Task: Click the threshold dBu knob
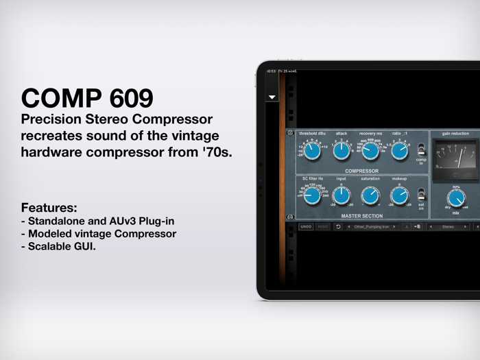tap(311, 151)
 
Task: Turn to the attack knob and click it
tap(341, 151)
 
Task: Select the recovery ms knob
tap(371, 151)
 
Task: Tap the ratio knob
tap(400, 151)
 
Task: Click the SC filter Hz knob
tap(311, 196)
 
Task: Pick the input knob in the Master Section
tap(341, 196)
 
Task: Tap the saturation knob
tap(371, 196)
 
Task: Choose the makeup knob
tap(400, 196)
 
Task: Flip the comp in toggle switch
tap(421, 149)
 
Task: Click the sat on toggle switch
tap(421, 194)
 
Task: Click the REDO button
tap(323, 226)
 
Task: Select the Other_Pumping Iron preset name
tap(371, 226)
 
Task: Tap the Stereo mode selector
tap(448, 226)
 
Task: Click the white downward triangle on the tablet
tap(272, 97)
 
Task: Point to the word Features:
tap(49, 207)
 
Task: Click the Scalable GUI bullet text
tap(62, 246)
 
